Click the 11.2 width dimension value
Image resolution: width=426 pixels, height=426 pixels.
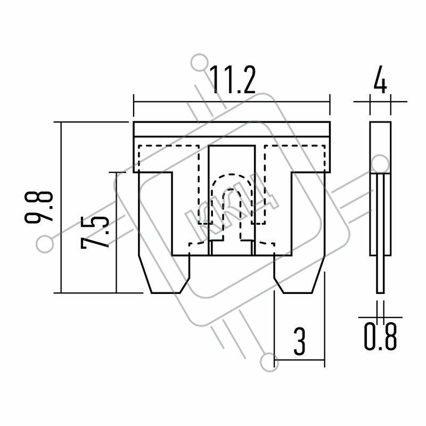click(233, 80)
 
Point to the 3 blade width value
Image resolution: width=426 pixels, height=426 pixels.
click(300, 341)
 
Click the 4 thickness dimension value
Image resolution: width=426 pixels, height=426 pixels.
click(380, 79)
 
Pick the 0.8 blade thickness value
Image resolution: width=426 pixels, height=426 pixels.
click(380, 336)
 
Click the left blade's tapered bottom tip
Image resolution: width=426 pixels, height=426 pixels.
click(166, 293)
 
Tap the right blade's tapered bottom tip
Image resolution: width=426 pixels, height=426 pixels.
click(298, 293)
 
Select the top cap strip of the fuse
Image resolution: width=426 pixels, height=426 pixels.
click(232, 129)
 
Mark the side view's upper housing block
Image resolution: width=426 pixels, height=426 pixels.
click(380, 147)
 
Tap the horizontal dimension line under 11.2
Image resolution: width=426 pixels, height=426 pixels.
click(232, 102)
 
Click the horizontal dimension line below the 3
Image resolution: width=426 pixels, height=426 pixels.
click(299, 360)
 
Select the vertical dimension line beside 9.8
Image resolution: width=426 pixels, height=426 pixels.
click(61, 208)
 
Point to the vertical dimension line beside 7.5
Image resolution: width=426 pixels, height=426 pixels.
click(116, 233)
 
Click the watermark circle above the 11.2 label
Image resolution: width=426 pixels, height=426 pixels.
click(200, 63)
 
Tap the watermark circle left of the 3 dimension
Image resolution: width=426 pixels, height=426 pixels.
click(269, 363)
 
